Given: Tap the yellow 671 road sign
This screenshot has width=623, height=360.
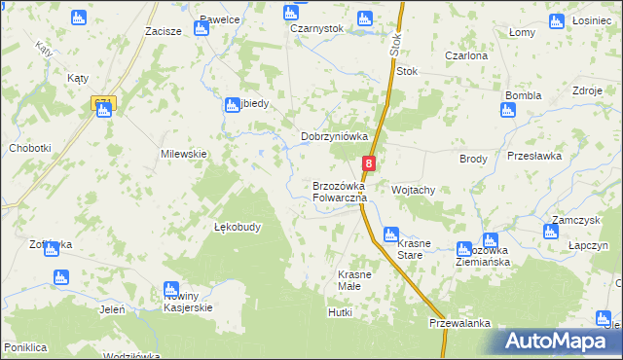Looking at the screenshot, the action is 103,101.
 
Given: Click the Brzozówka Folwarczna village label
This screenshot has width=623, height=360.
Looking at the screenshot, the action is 339,192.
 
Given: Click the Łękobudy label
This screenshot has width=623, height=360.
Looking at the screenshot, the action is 237,228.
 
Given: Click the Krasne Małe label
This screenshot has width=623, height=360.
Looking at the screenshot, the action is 354,280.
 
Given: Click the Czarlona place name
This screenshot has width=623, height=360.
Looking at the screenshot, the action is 465,56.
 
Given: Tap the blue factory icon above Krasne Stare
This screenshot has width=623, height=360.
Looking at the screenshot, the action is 390,234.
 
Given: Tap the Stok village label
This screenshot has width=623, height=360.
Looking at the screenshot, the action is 407,71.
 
